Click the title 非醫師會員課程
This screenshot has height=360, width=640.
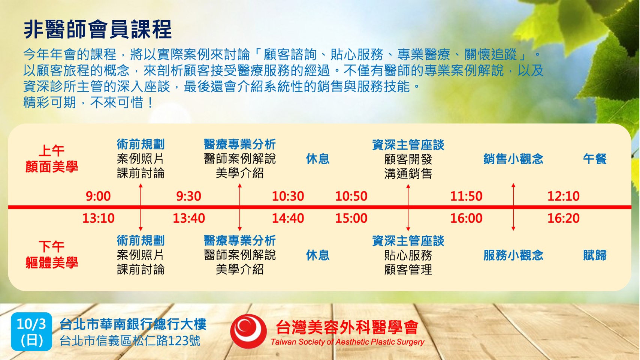98,29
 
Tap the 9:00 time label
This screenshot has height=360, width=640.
98,196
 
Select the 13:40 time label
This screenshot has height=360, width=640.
188,218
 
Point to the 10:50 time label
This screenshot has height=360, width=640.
351,196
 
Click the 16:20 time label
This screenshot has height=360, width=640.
564,218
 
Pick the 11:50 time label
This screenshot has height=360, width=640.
466,196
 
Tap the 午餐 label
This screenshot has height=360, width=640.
595,159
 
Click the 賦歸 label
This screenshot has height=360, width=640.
595,255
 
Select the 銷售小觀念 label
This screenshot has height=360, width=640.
513,159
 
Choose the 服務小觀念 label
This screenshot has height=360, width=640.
513,255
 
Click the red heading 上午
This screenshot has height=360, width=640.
51,151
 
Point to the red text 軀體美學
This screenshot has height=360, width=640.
52,262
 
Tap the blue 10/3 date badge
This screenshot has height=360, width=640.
31,332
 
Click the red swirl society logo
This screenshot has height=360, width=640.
248,331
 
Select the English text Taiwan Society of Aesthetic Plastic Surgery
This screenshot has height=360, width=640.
347,342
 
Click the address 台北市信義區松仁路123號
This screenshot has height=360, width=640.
130,341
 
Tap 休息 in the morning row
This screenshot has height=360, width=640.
318,159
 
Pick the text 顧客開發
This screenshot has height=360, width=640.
408,159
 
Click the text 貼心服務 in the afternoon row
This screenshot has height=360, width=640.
408,255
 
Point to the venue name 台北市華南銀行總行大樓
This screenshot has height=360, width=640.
133,324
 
